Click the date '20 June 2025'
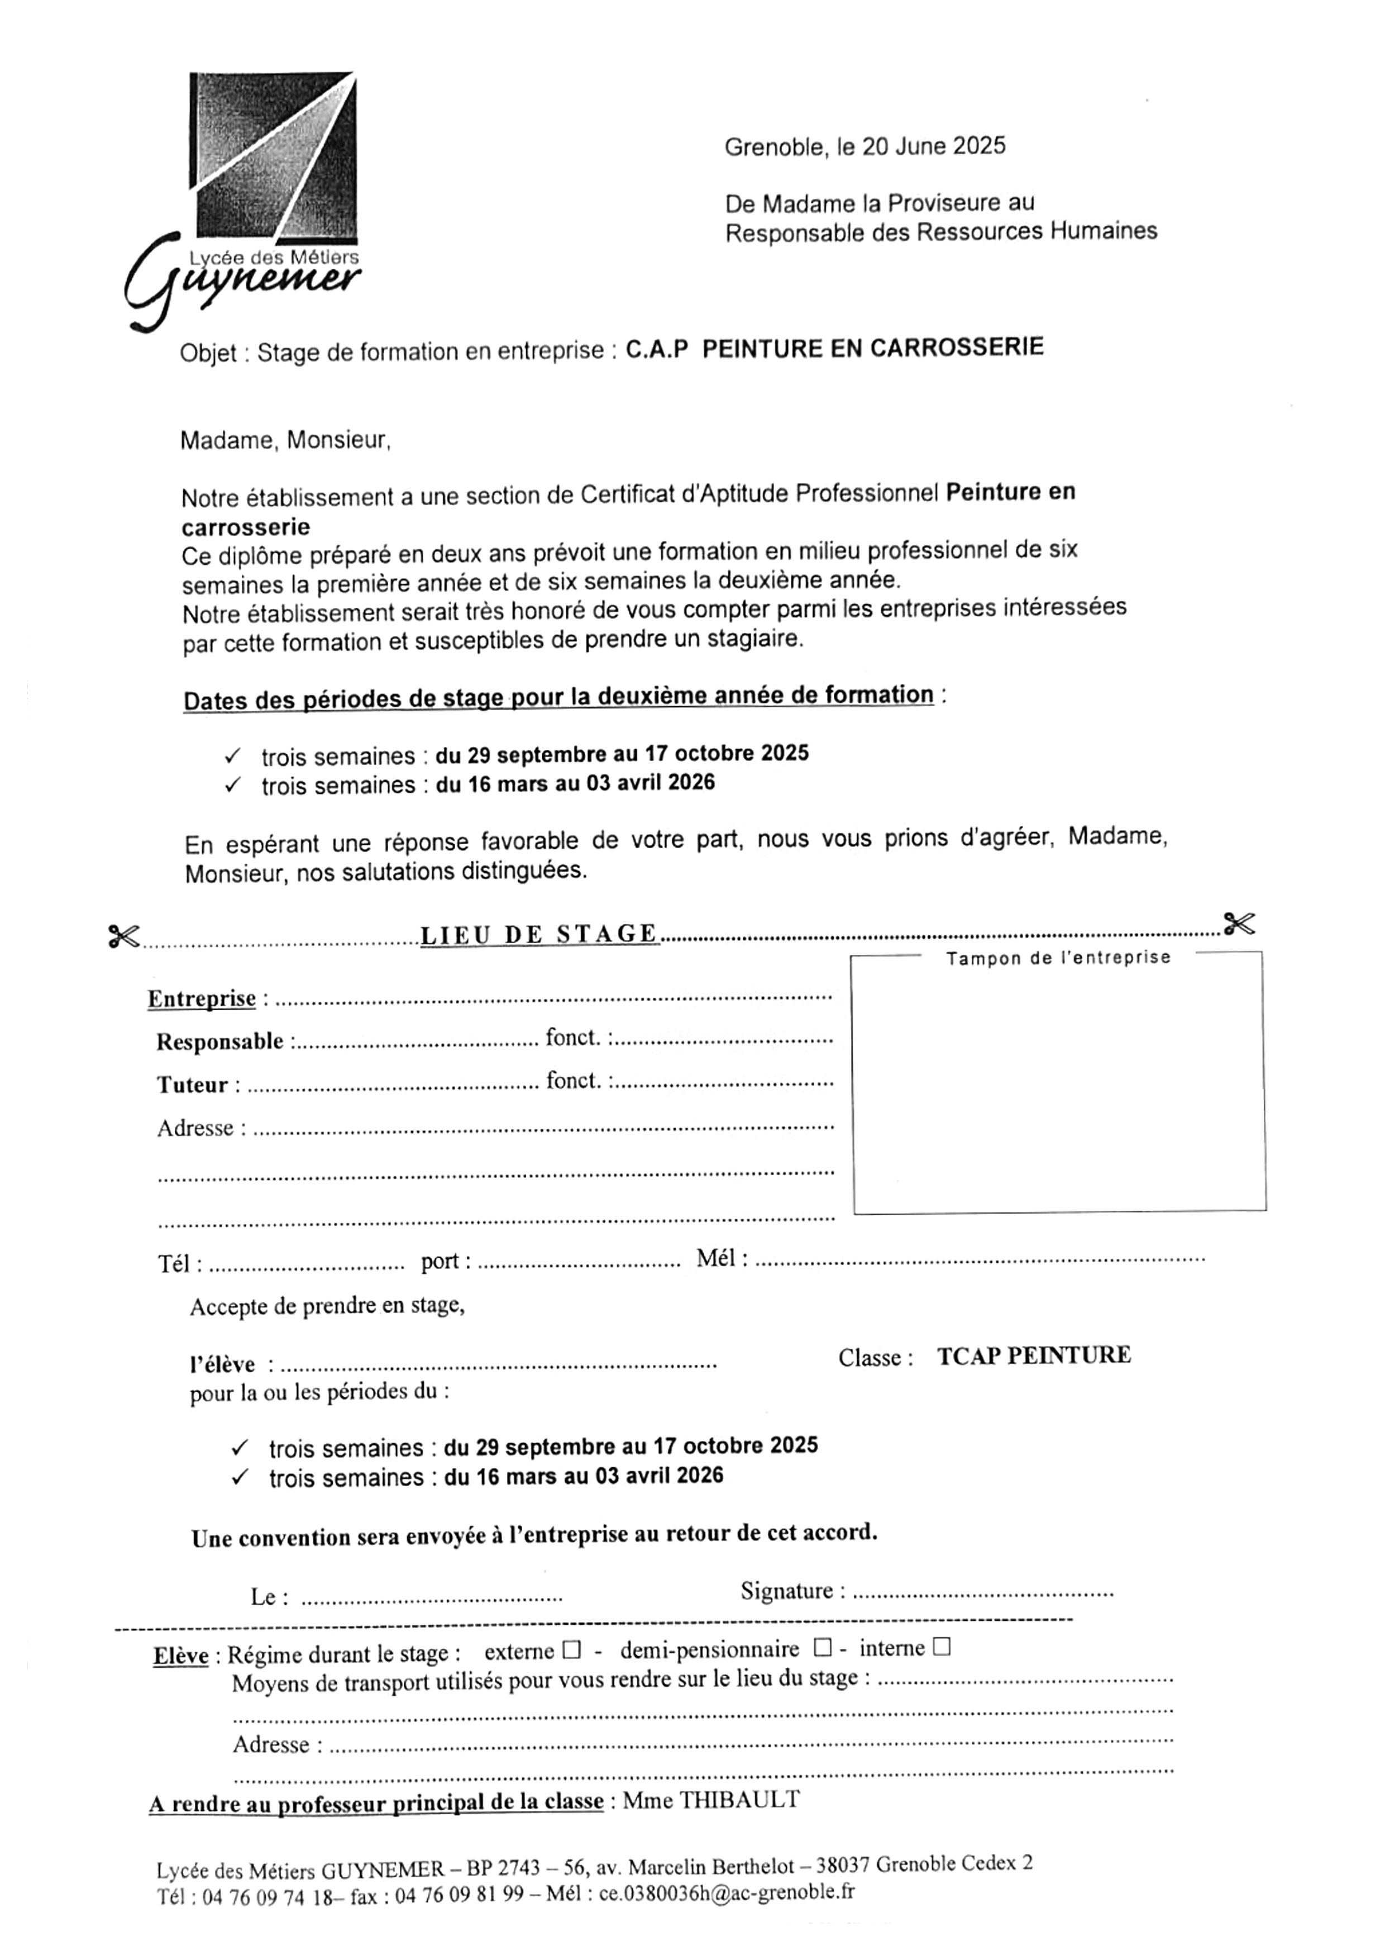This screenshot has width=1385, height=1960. coord(934,146)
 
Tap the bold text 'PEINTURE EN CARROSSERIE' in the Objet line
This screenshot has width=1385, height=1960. coord(872,348)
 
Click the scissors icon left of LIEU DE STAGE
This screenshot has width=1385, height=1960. coord(124,936)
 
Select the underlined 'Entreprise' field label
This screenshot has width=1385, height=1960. coord(202,999)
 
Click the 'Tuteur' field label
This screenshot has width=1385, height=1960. coord(192,1085)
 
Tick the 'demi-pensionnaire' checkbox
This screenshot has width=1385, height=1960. coord(823,1648)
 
